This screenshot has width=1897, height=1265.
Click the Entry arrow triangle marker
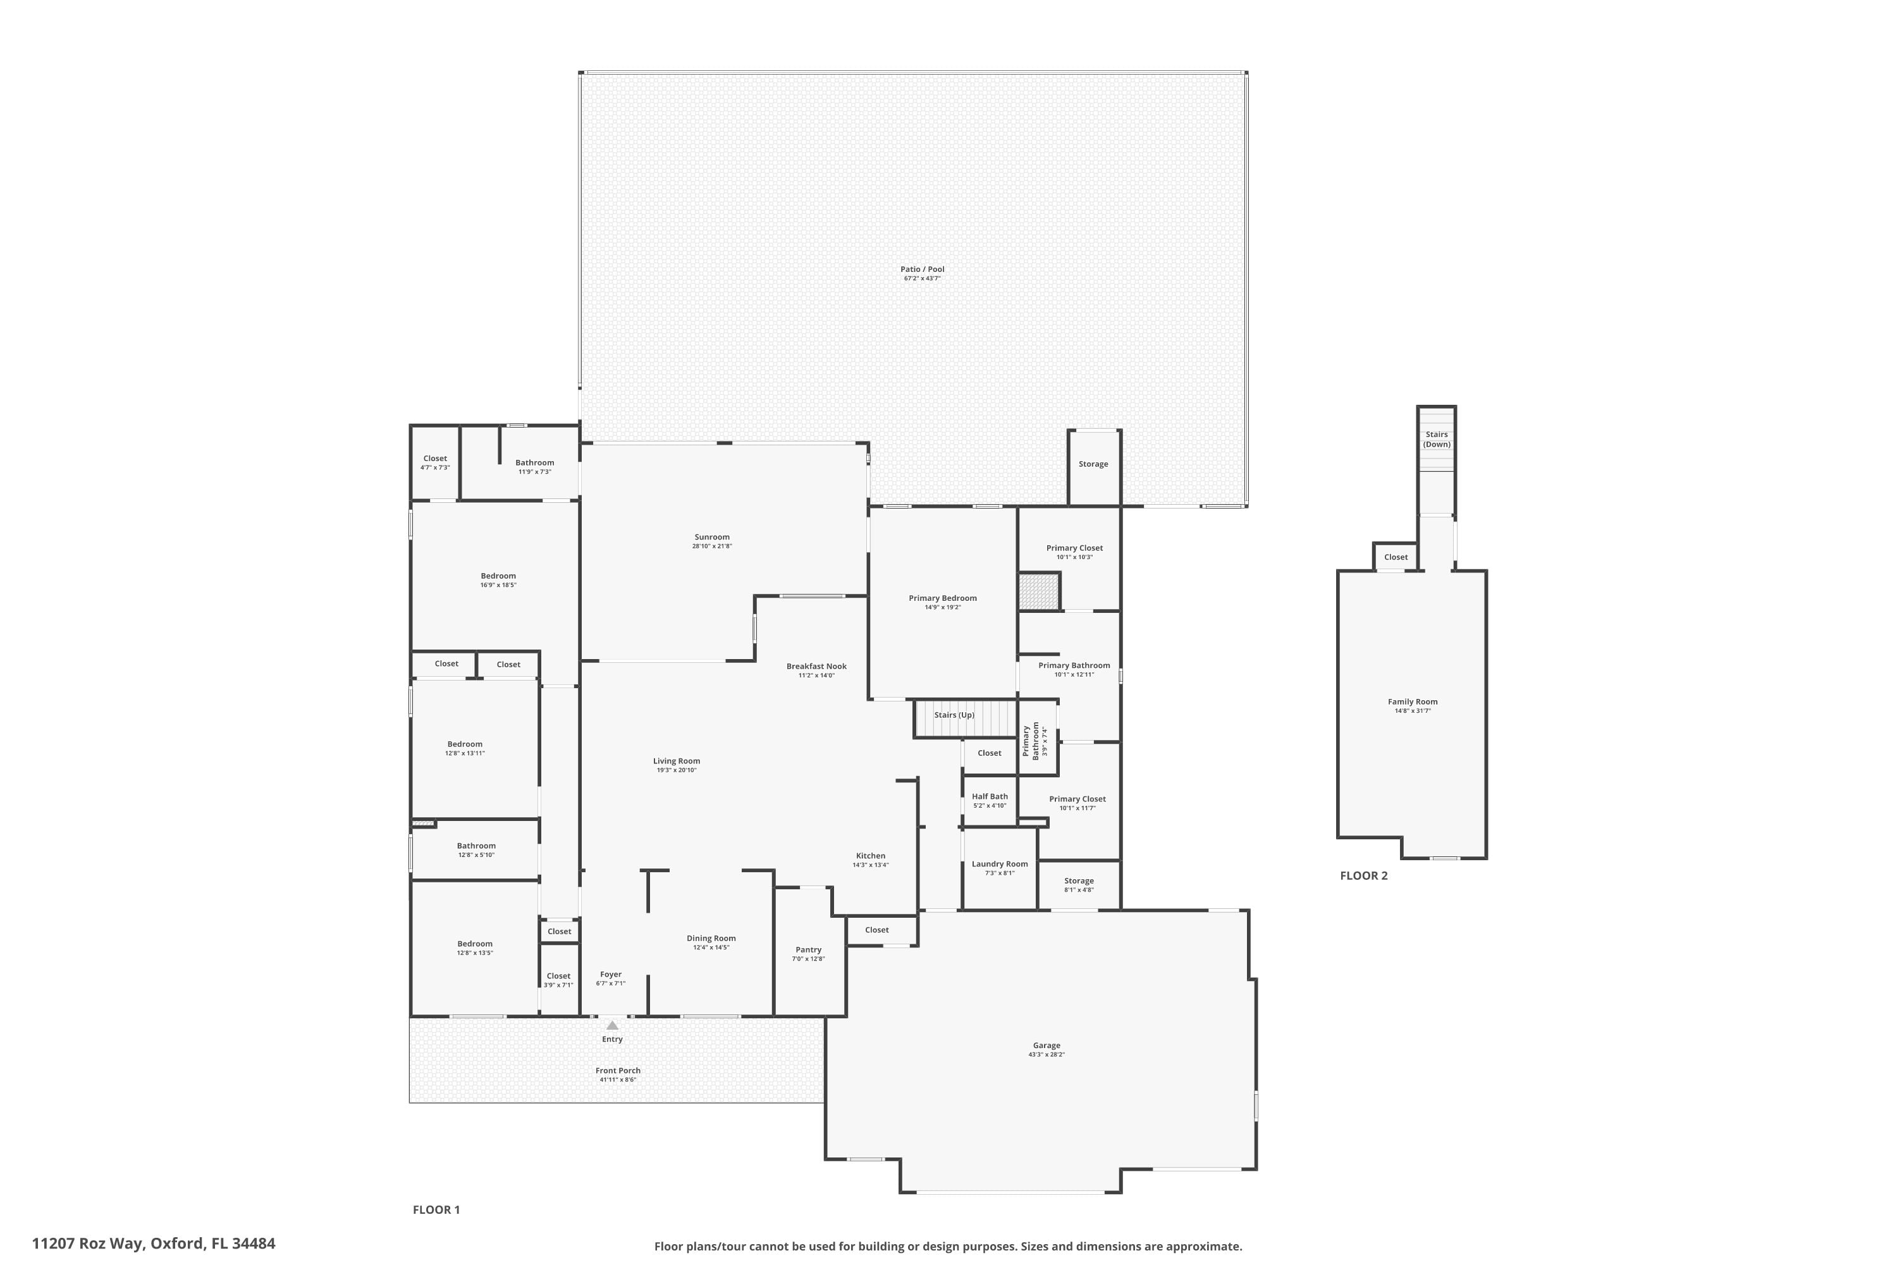[612, 1025]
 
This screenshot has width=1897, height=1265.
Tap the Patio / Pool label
[922, 269]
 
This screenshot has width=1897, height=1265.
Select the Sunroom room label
[712, 537]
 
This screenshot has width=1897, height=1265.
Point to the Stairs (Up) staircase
[965, 718]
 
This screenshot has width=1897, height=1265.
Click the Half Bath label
[990, 796]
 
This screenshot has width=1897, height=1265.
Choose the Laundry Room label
[1000, 864]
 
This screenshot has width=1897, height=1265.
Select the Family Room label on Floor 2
[1412, 702]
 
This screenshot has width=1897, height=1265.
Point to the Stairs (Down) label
[1437, 440]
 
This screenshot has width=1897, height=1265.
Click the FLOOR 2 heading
[1364, 876]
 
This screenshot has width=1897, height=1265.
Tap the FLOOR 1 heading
[436, 1209]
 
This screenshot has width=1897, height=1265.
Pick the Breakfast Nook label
[816, 667]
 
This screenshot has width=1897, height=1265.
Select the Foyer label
[611, 975]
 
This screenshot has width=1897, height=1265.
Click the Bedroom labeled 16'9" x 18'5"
[498, 576]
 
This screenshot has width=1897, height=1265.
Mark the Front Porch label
[618, 1071]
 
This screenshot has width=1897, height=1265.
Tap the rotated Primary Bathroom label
[1031, 741]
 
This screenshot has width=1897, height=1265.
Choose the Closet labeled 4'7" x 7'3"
[435, 458]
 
